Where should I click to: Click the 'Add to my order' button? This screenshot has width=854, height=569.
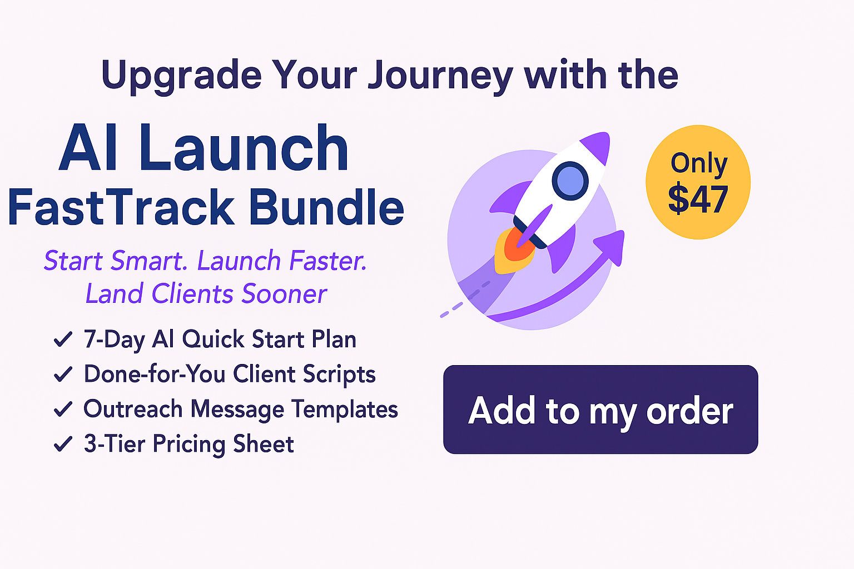pyautogui.click(x=600, y=410)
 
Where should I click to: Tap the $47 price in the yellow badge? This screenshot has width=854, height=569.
pyautogui.click(x=698, y=199)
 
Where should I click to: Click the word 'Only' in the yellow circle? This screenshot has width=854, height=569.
pyautogui.click(x=699, y=163)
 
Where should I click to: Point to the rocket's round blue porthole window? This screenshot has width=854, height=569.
pyautogui.click(x=570, y=181)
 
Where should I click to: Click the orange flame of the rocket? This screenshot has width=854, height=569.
pyautogui.click(x=515, y=250)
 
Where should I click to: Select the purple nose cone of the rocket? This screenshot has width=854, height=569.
pyautogui.click(x=597, y=147)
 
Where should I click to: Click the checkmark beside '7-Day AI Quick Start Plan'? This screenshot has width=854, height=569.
pyautogui.click(x=63, y=339)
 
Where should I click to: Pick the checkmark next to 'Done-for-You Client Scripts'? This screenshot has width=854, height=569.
pyautogui.click(x=63, y=374)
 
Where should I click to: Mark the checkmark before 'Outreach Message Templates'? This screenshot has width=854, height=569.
pyautogui.click(x=63, y=409)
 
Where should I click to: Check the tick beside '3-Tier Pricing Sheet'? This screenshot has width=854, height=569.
pyautogui.click(x=63, y=443)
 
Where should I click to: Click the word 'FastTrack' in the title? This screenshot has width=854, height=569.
pyautogui.click(x=121, y=207)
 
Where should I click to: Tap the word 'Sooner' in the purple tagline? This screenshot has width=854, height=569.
pyautogui.click(x=285, y=294)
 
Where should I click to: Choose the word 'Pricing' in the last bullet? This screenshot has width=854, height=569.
pyautogui.click(x=189, y=445)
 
